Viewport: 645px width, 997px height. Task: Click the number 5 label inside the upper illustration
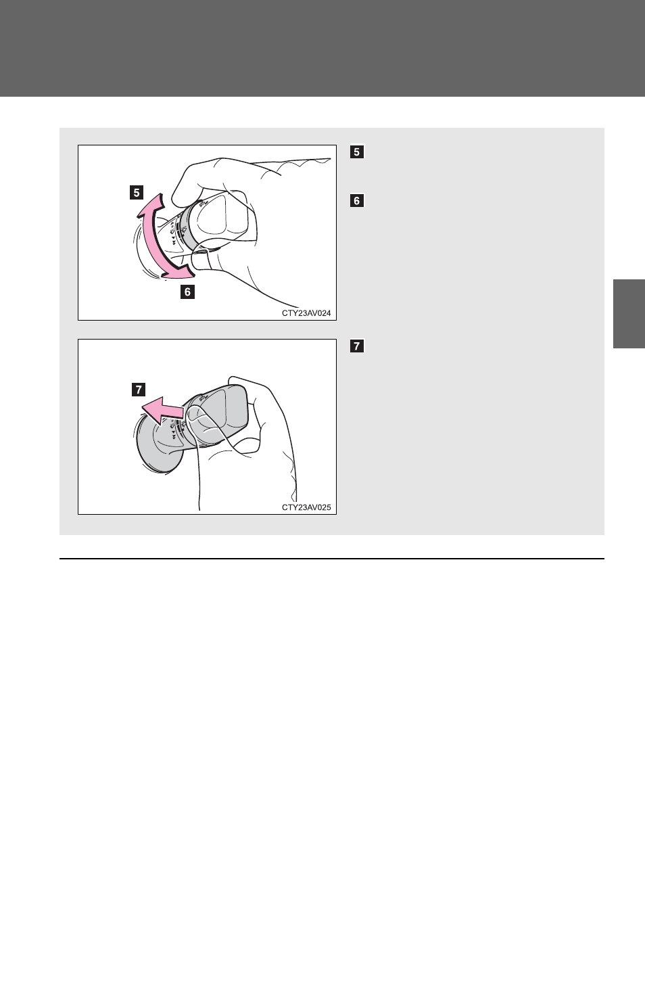coord(137,193)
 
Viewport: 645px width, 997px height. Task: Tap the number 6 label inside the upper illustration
coord(187,292)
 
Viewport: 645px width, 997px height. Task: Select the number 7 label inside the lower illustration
coord(139,390)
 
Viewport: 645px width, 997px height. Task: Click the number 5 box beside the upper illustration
coord(357,152)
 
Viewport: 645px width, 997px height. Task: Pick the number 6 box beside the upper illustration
coord(357,201)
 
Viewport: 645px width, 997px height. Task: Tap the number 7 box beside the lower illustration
coord(357,346)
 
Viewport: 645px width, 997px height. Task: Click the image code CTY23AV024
coord(306,313)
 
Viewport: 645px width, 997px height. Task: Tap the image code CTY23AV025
coord(306,507)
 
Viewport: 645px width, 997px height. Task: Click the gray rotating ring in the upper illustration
coord(189,227)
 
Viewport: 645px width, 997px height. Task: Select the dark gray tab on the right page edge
coord(629,314)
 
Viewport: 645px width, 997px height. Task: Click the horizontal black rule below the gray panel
coord(332,559)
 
